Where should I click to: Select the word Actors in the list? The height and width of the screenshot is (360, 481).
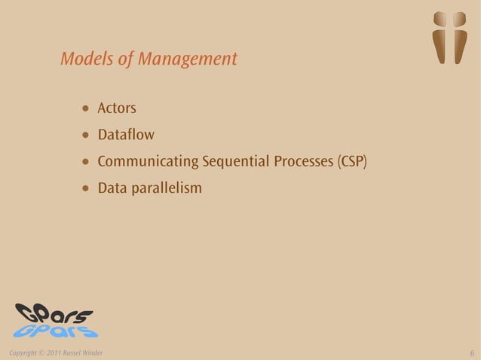click(x=117, y=110)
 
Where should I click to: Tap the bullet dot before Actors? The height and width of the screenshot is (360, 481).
click(x=86, y=111)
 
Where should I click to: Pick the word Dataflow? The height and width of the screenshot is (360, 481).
click(x=126, y=136)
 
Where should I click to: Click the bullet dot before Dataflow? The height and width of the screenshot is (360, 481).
click(x=86, y=136)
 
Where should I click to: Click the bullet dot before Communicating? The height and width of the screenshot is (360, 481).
click(x=86, y=163)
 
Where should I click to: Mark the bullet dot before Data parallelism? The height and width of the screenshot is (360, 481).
click(x=86, y=188)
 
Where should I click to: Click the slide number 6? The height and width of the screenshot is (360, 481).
click(x=471, y=353)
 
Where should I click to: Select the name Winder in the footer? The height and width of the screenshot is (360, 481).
click(x=92, y=352)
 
